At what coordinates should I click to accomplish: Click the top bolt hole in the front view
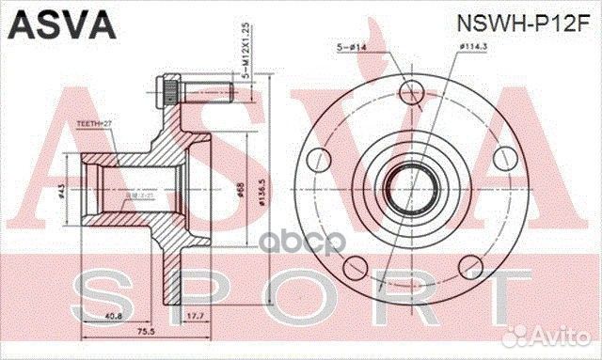[x=412, y=92]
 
